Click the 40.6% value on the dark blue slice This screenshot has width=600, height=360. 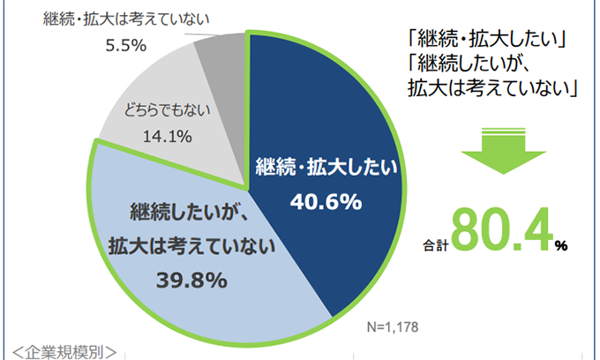point(326,201)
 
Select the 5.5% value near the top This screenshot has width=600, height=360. point(125,46)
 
